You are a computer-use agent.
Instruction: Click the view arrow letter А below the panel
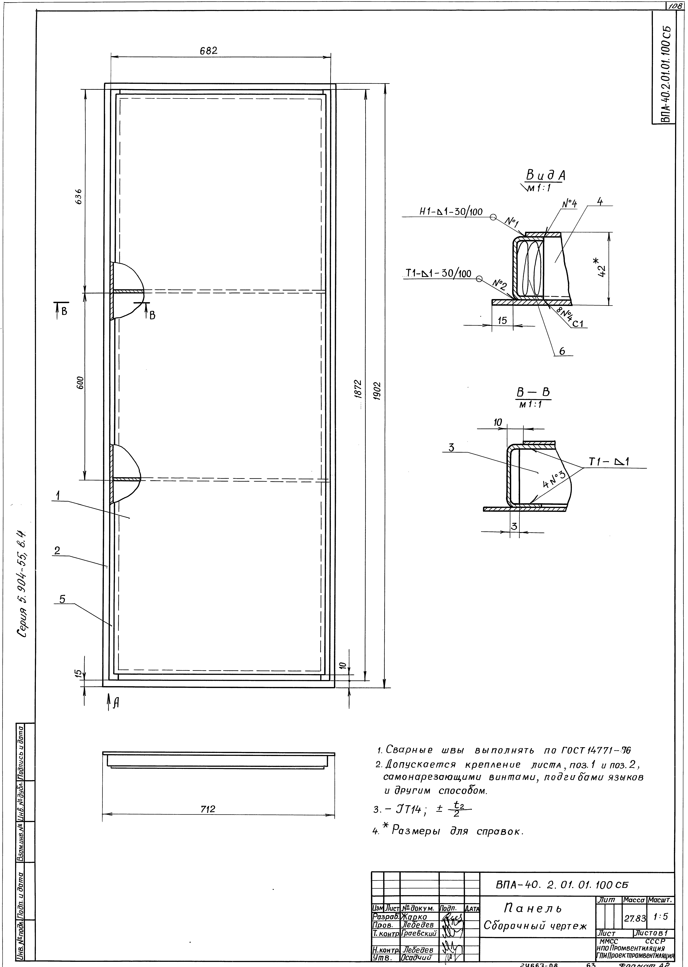[116, 703]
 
